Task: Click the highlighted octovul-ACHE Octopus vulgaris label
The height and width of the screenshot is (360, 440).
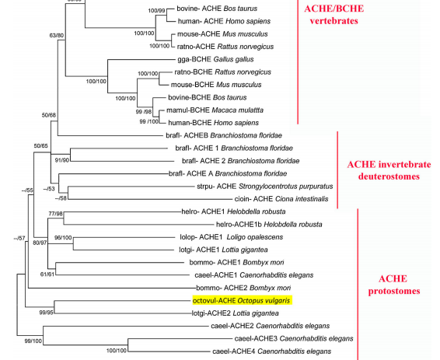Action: (243, 300)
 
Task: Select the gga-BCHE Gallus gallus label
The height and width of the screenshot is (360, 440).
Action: (215, 60)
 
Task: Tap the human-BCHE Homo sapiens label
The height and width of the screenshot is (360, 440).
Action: (213, 123)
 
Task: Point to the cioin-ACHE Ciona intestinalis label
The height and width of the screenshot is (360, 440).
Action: (281, 199)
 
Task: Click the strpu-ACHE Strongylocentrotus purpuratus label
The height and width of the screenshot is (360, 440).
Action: (265, 187)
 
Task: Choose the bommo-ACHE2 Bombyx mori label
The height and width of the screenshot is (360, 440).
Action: (243, 288)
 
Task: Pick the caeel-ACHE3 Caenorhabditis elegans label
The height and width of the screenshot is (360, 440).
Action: (294, 339)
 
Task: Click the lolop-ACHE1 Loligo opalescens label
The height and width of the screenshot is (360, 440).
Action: (231, 237)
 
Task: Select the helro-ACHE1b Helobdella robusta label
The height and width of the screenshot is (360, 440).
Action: (269, 225)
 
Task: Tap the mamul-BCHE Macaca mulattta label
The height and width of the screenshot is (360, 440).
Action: (215, 110)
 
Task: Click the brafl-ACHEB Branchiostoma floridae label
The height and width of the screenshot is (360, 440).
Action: (224, 135)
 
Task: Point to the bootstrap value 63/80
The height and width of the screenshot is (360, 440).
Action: (57, 35)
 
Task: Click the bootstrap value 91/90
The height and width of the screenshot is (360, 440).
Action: (61, 160)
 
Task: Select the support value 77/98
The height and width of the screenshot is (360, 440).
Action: (55, 214)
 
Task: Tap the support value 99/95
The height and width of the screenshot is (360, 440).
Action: (47, 313)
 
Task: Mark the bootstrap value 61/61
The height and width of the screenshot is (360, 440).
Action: (47, 274)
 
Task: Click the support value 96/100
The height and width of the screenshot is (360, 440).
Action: (63, 238)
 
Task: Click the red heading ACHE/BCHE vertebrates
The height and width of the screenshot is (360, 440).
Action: (334, 15)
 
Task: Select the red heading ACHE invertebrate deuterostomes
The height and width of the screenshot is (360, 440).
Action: (389, 170)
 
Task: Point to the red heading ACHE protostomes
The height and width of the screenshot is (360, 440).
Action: (393, 285)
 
